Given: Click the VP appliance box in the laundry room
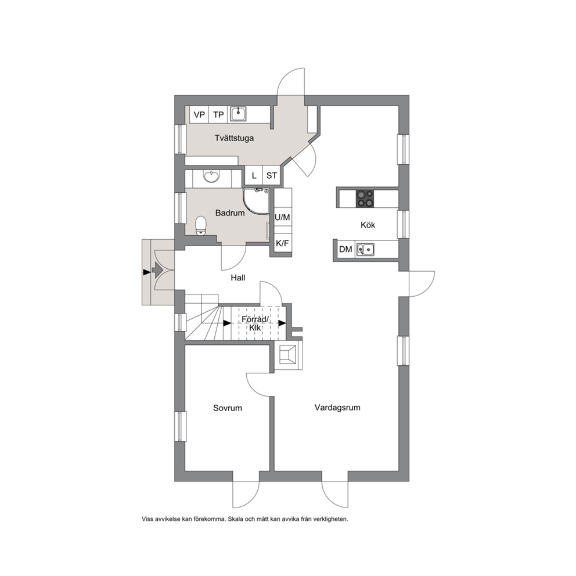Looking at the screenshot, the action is pyautogui.click(x=199, y=114).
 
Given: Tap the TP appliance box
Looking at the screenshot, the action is pyautogui.click(x=218, y=114).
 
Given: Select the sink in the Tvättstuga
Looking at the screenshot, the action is pyautogui.click(x=239, y=114).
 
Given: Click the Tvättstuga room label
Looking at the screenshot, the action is pyautogui.click(x=235, y=138).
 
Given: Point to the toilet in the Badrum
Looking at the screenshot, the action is pyautogui.click(x=200, y=225).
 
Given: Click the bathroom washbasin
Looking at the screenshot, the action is pyautogui.click(x=211, y=177).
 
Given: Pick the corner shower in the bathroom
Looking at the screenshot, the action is pyautogui.click(x=256, y=201).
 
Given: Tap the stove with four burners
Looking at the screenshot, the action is pyautogui.click(x=365, y=199).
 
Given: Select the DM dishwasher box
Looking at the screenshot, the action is pyautogui.click(x=345, y=250).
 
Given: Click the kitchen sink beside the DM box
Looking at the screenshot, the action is pyautogui.click(x=365, y=250).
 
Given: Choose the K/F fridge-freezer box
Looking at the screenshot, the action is pyautogui.click(x=283, y=243).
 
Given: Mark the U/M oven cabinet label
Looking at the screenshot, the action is pyautogui.click(x=283, y=218).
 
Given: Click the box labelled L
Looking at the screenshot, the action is pyautogui.click(x=254, y=175).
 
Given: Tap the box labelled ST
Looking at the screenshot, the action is pyautogui.click(x=272, y=175).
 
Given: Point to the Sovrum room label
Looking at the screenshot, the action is pyautogui.click(x=228, y=408).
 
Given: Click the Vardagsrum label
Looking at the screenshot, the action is pyautogui.click(x=337, y=408).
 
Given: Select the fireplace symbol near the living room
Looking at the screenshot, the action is pyautogui.click(x=289, y=355).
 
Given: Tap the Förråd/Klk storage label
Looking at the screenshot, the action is pyautogui.click(x=255, y=323).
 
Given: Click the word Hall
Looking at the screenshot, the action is pyautogui.click(x=238, y=278).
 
